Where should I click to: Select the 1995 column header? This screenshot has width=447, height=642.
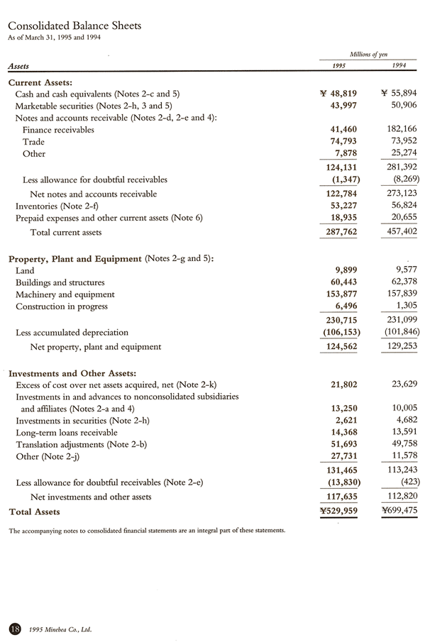(x=339, y=65)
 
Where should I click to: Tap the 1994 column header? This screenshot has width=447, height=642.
(x=400, y=65)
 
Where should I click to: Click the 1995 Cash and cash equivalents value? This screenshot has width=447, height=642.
(x=338, y=94)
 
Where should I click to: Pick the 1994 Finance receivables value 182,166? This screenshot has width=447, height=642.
(x=398, y=130)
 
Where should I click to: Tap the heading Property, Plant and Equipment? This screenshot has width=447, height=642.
(x=74, y=258)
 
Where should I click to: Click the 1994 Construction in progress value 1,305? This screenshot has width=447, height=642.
(x=403, y=306)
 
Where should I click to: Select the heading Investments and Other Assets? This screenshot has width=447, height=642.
(x=72, y=373)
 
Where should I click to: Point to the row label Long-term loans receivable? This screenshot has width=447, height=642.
(x=67, y=433)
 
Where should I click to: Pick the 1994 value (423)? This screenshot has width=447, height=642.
(x=405, y=482)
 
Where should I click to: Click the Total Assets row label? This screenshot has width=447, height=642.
(x=34, y=511)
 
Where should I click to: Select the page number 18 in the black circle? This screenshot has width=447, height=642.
(x=14, y=628)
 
